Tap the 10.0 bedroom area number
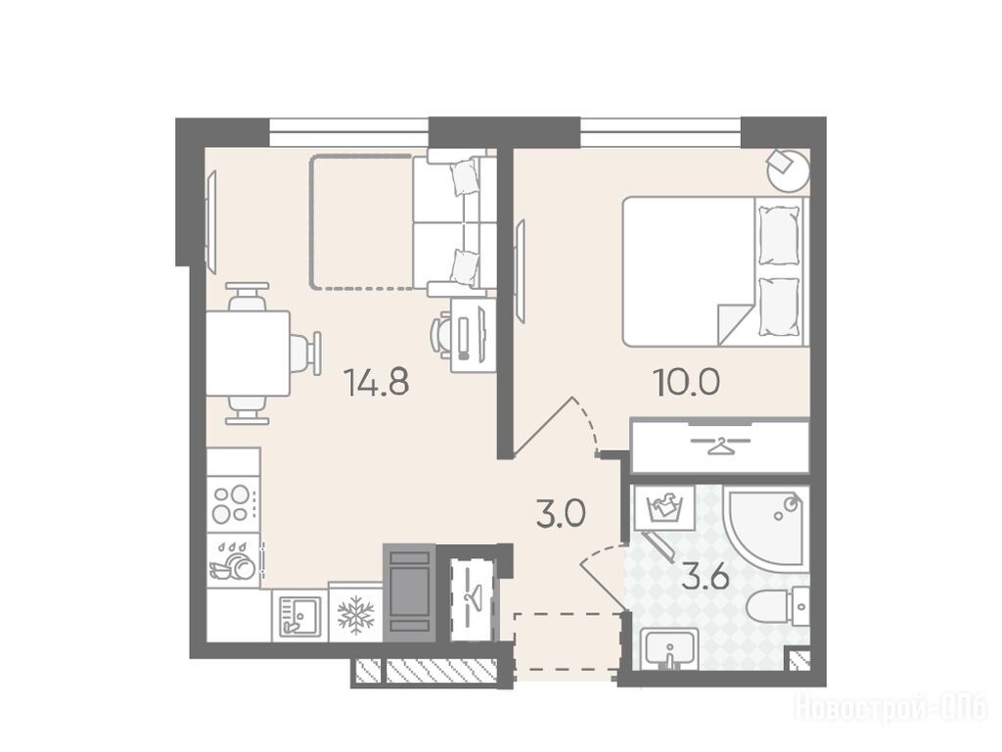click(x=686, y=382)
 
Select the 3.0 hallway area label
click(x=561, y=514)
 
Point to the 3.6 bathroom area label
click(x=706, y=580)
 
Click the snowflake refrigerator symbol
click(x=355, y=615)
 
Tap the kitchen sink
click(x=298, y=615)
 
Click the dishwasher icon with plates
click(x=233, y=561)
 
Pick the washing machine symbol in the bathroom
click(x=664, y=508)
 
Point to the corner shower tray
click(x=765, y=525)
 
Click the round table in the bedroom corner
click(x=788, y=170)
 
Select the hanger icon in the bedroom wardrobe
click(x=719, y=444)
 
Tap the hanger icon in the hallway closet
click(x=474, y=599)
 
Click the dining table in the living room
click(x=248, y=352)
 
